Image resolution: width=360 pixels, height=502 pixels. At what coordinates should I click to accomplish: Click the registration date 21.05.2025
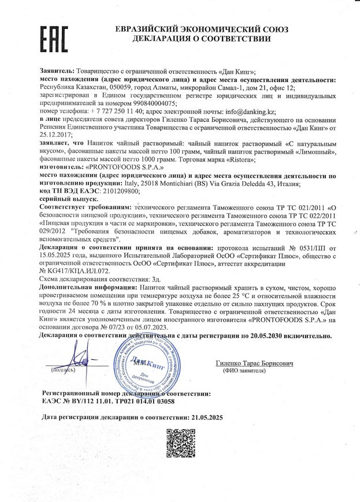pyautogui.click(x=205, y=416)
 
